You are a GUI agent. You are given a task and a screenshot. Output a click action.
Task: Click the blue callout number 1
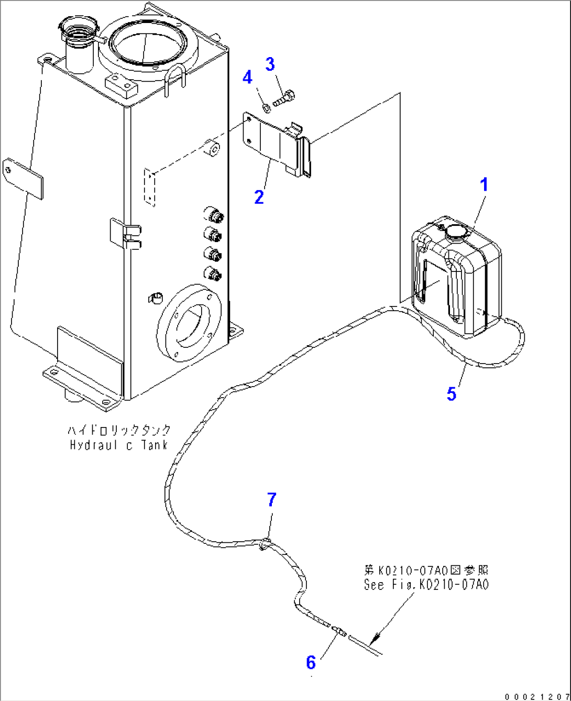tap(485, 185)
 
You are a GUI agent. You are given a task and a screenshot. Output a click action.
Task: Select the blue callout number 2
tap(259, 198)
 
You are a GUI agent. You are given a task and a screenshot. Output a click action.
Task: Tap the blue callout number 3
tap(270, 64)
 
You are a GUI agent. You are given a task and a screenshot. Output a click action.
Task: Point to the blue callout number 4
tap(247, 78)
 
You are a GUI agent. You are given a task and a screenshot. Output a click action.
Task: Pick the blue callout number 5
tap(452, 393)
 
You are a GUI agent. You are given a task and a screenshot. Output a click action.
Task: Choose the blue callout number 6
tap(311, 663)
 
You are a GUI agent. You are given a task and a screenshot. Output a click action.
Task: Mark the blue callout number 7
tap(271, 500)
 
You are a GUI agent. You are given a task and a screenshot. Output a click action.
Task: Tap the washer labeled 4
tap(266, 107)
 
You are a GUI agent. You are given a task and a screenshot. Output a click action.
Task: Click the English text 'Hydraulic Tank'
tap(119, 445)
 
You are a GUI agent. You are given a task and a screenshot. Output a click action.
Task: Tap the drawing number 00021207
tap(536, 696)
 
